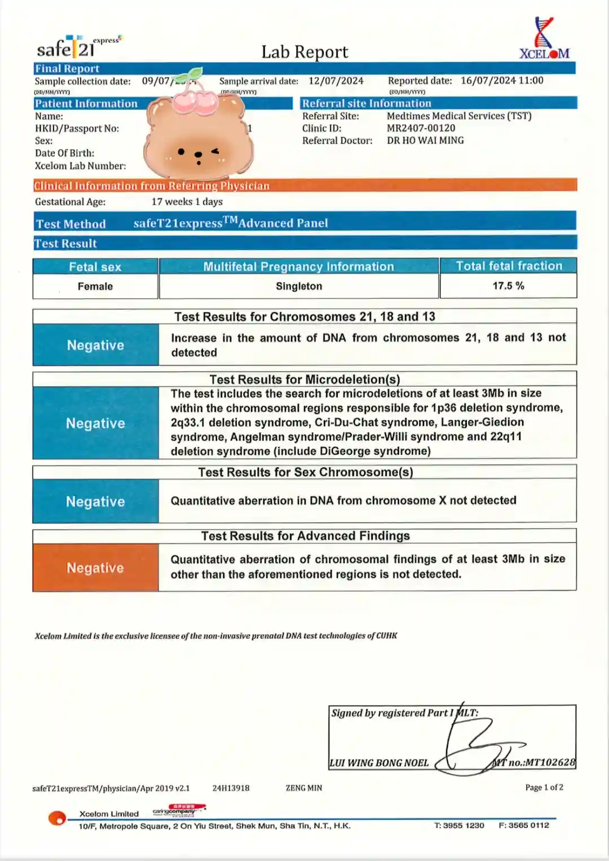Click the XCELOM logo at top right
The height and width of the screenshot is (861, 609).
click(x=544, y=39)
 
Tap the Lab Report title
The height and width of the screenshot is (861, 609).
click(x=304, y=52)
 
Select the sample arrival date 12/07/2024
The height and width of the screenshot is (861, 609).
click(x=336, y=81)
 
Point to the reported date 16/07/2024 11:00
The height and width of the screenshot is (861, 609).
click(x=502, y=80)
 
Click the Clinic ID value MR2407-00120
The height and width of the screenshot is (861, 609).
click(x=421, y=128)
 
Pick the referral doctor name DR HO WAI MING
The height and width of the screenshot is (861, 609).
click(x=425, y=140)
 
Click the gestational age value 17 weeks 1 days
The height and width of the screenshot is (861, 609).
click(x=187, y=201)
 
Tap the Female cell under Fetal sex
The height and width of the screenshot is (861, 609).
click(x=95, y=286)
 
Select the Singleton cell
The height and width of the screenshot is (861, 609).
click(x=299, y=286)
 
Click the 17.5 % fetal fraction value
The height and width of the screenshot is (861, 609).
click(x=508, y=285)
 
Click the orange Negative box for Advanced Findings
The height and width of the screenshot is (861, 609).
click(x=95, y=568)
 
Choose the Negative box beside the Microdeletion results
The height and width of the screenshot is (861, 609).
click(x=95, y=423)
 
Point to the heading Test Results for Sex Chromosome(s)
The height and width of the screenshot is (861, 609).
click(x=305, y=472)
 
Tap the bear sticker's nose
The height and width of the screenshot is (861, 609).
click(x=198, y=155)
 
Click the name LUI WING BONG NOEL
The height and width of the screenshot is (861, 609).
click(x=379, y=763)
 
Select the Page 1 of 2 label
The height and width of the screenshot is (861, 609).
click(x=544, y=787)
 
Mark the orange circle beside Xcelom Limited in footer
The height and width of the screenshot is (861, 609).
click(x=57, y=818)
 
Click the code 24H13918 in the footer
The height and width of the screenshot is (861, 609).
click(x=231, y=788)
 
